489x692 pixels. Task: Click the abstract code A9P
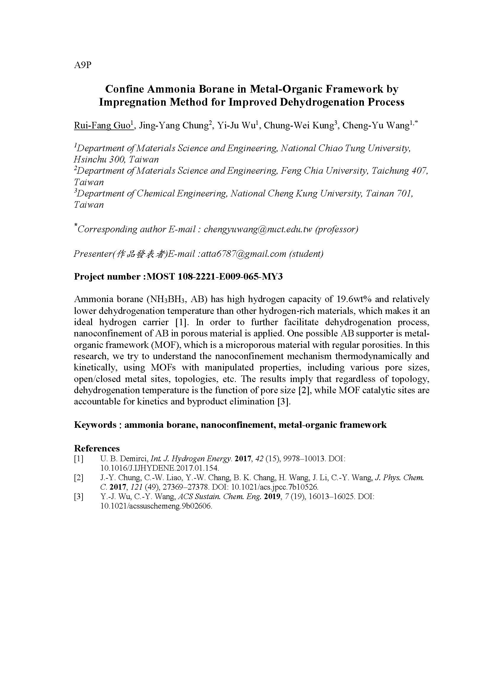(x=82, y=65)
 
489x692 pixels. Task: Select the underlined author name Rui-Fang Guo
(x=102, y=125)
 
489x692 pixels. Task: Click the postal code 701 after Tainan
(x=403, y=193)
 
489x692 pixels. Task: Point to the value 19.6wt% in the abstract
(x=353, y=299)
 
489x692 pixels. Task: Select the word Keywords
(x=95, y=425)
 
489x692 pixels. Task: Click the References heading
(x=97, y=448)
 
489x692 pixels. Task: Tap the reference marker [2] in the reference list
(x=78, y=478)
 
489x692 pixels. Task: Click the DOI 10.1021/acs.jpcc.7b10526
(x=275, y=487)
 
